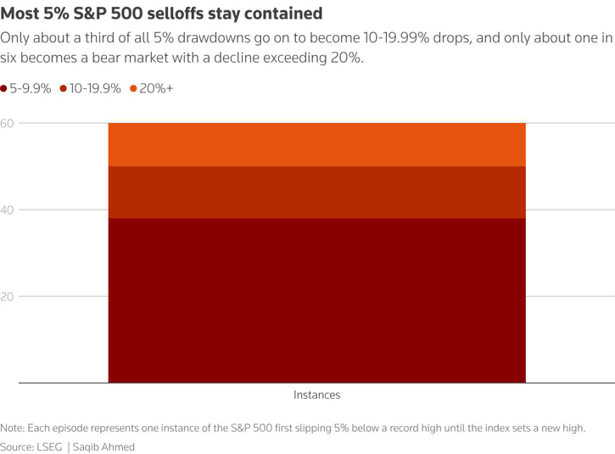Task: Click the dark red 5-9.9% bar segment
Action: tap(316, 300)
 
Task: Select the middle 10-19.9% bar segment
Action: tap(316, 192)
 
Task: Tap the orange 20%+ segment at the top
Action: tap(316, 144)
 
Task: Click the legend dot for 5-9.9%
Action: tap(4, 89)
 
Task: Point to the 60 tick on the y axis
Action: tap(8, 124)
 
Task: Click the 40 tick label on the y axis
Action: tap(8, 210)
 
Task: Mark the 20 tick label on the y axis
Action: tap(8, 297)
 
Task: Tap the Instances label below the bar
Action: tap(316, 395)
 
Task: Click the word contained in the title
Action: tap(282, 14)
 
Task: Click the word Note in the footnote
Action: tap(13, 428)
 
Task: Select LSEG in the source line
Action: tap(48, 446)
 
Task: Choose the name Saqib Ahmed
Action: tap(103, 446)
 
